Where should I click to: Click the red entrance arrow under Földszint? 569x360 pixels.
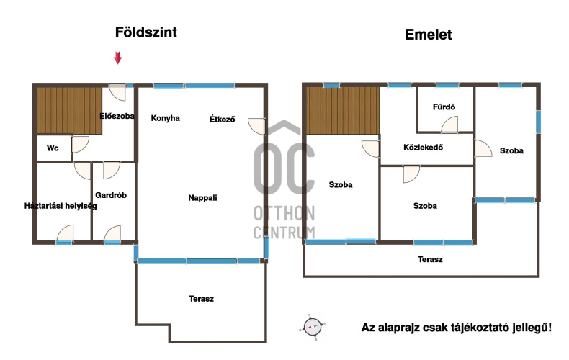tap(117, 58)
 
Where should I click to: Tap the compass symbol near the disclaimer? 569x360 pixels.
tap(313, 327)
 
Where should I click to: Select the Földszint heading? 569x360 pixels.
tap(146, 32)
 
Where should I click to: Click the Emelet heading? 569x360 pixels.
tap(429, 35)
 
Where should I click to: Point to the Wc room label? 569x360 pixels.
tap(53, 148)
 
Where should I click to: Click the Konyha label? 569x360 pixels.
tap(165, 118)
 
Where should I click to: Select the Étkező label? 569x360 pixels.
tap(222, 119)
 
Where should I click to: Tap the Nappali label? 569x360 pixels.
tap(202, 198)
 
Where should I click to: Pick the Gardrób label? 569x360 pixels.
tap(111, 195)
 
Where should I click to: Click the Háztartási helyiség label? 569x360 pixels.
tap(61, 206)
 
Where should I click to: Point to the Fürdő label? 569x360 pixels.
tap(444, 107)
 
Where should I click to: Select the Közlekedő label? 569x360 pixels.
tap(423, 148)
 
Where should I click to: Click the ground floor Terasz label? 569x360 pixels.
tap(202, 299)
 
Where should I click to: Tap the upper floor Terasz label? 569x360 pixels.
tap(430, 259)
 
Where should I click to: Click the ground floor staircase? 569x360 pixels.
tap(69, 110)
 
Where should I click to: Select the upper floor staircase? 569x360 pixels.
tap(343, 110)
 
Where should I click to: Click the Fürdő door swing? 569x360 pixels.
tap(449, 125)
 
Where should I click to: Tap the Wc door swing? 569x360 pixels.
tap(80, 145)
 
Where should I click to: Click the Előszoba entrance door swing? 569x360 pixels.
tap(117, 92)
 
